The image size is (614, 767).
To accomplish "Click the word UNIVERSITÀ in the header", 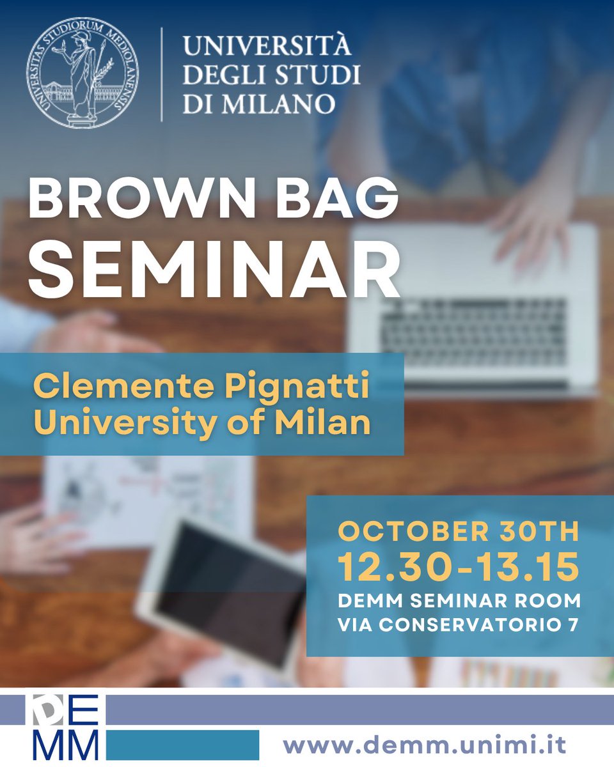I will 267,47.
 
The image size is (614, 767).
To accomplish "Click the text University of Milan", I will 202,423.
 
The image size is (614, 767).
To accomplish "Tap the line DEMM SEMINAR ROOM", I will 459,600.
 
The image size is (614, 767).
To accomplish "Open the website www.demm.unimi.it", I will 425,745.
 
